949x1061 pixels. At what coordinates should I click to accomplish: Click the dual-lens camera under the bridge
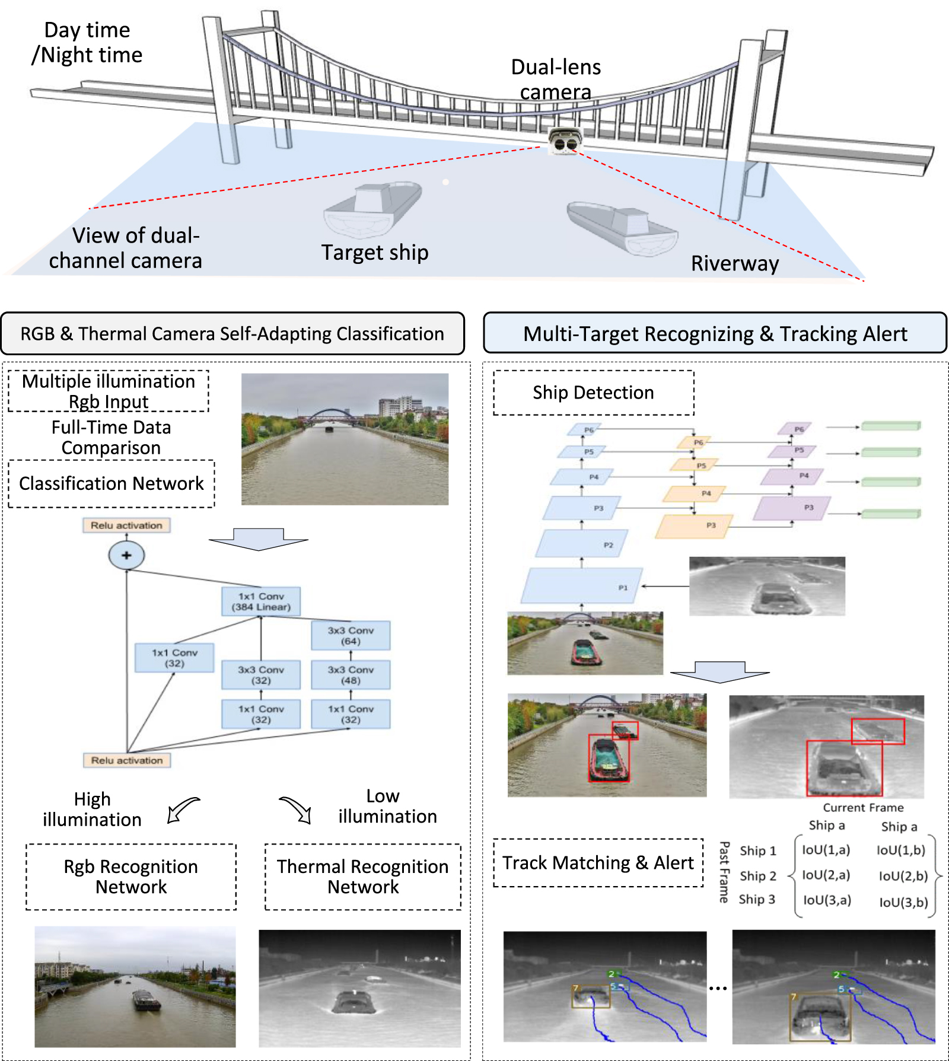click(x=564, y=141)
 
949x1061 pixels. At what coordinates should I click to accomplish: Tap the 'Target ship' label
click(x=374, y=253)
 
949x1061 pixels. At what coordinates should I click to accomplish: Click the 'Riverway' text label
click(x=734, y=263)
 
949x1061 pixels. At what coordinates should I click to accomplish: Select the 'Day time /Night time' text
click(x=87, y=43)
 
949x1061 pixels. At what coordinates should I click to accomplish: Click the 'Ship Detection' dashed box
click(x=593, y=393)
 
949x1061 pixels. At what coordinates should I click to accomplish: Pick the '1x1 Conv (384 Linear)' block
click(x=261, y=602)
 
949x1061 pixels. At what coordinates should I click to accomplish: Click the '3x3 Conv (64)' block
click(x=351, y=636)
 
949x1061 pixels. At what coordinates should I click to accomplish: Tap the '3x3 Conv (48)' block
click(x=351, y=675)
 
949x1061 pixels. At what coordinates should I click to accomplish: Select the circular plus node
click(x=126, y=556)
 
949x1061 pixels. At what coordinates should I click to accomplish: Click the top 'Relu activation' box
click(x=126, y=525)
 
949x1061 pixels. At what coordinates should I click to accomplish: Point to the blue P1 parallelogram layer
click(x=581, y=586)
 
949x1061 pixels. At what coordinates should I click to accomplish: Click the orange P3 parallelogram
click(x=694, y=526)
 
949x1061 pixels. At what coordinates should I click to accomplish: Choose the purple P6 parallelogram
click(x=795, y=429)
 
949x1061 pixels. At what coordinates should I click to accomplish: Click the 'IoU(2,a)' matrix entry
click(x=826, y=875)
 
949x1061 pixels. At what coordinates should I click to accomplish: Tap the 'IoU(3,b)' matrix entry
click(x=903, y=902)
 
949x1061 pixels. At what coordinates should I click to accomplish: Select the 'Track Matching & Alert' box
click(x=598, y=863)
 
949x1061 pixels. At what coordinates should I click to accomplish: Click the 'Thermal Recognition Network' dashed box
click(x=362, y=877)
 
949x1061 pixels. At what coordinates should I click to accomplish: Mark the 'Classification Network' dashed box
click(x=112, y=484)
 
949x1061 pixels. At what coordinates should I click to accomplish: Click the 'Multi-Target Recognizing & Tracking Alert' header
click(x=715, y=334)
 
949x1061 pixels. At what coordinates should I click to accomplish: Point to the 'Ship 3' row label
click(x=757, y=900)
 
